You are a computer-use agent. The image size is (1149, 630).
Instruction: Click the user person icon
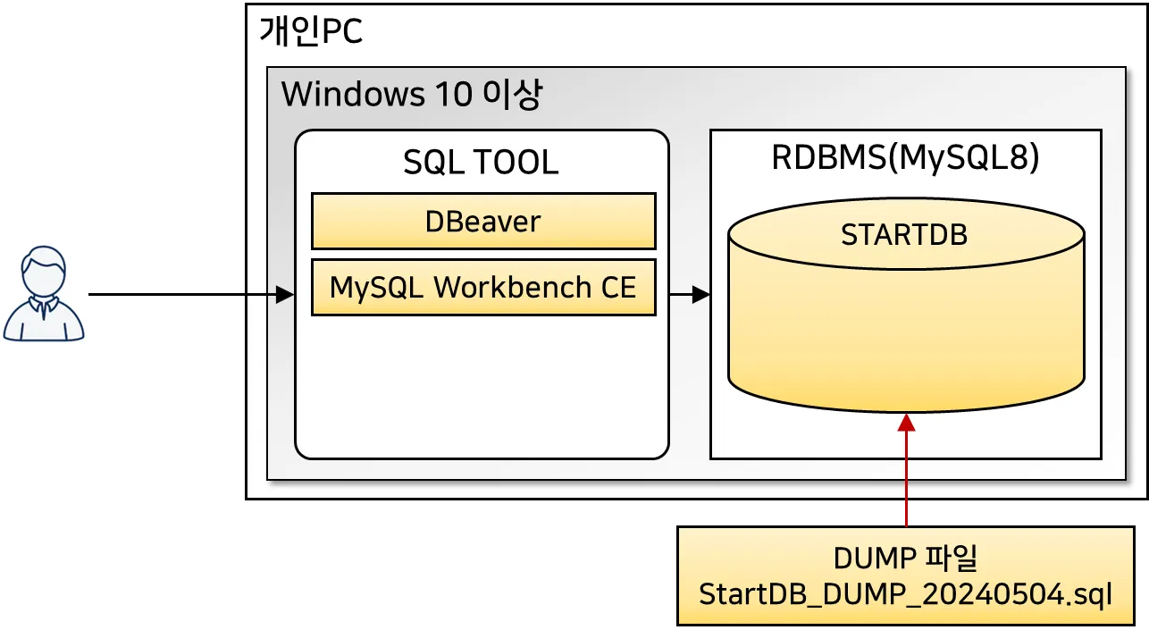click(45, 296)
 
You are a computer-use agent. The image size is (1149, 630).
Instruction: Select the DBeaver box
click(482, 221)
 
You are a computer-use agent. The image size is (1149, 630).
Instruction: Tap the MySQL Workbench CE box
click(482, 287)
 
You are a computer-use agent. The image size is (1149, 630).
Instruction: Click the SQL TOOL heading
click(481, 163)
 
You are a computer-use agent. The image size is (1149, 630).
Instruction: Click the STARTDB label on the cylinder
click(904, 234)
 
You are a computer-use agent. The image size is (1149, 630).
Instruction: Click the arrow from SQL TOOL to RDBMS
click(689, 294)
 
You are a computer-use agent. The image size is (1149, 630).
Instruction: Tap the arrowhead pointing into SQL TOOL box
click(285, 294)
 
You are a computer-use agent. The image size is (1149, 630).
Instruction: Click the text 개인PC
click(311, 32)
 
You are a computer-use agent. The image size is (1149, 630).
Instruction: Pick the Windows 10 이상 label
click(411, 95)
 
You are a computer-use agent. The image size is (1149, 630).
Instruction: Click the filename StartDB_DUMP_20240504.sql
click(906, 594)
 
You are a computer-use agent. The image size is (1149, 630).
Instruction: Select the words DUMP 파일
click(906, 559)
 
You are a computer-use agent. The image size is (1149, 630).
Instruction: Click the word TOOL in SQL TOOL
click(518, 163)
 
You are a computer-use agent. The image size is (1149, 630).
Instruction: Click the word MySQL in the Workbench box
click(378, 287)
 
